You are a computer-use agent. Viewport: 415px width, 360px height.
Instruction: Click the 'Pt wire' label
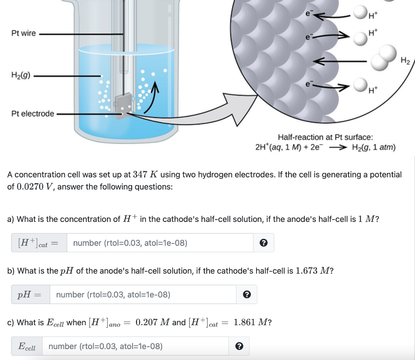pos(24,34)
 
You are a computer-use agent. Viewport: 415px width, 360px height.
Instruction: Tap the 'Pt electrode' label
pos(32,114)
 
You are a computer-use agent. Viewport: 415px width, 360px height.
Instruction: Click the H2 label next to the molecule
pos(405,61)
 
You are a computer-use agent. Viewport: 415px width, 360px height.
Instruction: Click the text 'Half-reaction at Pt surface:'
pos(325,138)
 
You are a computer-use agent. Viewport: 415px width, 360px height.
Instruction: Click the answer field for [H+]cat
pos(160,243)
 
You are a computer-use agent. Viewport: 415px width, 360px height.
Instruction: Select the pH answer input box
pos(143,294)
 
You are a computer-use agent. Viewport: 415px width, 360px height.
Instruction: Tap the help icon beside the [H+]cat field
pos(263,243)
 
